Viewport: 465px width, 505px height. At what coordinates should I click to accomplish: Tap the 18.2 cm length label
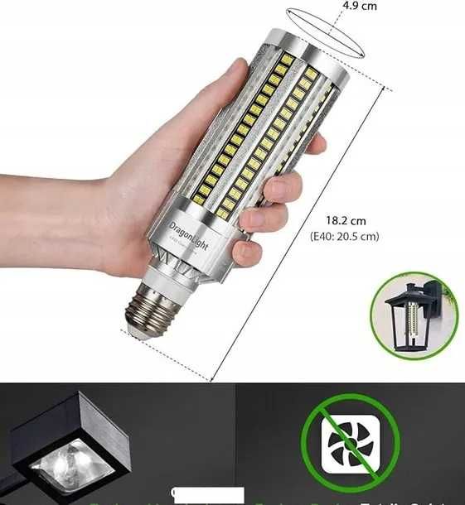[x=346, y=222]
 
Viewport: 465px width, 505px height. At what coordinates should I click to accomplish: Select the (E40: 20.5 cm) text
[x=345, y=236]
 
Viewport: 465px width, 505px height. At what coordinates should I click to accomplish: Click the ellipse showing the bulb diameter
[x=327, y=33]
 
